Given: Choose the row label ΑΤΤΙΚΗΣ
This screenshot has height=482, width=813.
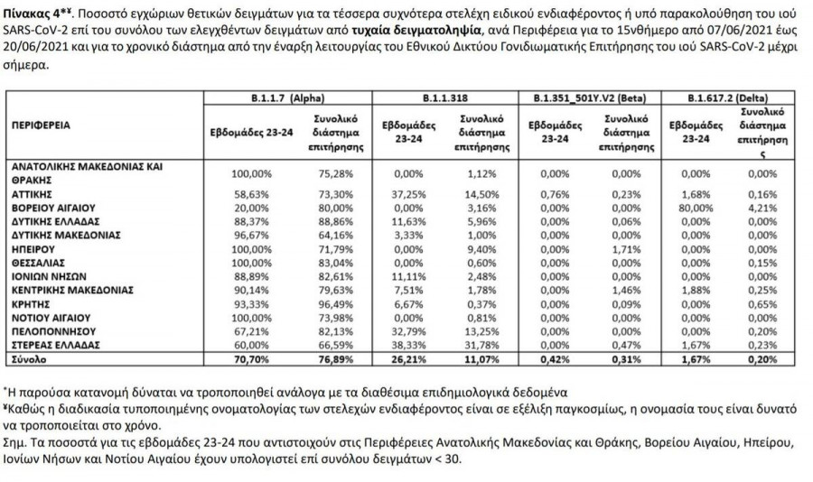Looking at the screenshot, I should tap(32, 193).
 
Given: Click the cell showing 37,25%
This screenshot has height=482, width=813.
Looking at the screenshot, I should tap(397, 193).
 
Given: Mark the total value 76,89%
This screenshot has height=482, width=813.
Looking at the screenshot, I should tap(332, 358).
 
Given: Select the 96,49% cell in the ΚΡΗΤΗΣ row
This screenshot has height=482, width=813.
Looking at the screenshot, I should tap(332, 306).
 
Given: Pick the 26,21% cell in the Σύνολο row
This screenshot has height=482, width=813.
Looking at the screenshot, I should tap(397, 358).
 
